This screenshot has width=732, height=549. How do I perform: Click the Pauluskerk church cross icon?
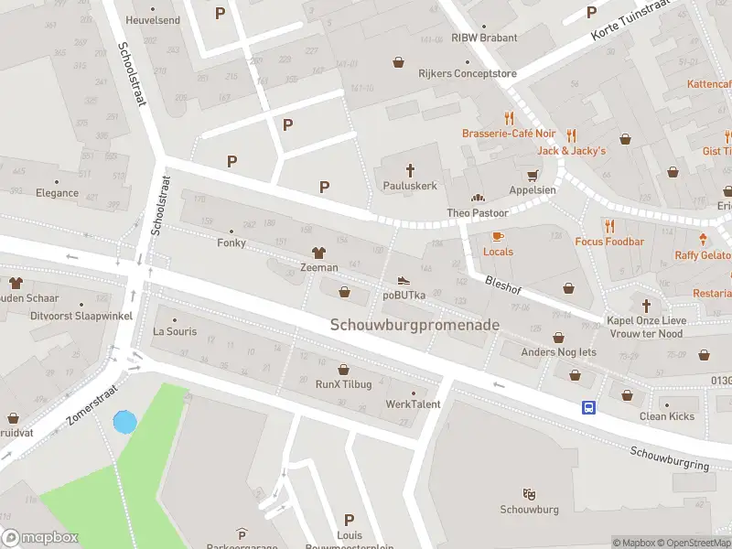tap(410, 169)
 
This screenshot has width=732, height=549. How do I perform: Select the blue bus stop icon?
tap(587, 408)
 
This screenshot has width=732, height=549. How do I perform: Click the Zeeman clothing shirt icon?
tap(319, 253)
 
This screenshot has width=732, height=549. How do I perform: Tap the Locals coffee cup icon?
tap(498, 237)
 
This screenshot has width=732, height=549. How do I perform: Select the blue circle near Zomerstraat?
tap(124, 422)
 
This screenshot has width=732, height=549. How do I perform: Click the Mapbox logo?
tap(39, 538)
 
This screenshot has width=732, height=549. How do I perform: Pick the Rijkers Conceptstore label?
tap(468, 74)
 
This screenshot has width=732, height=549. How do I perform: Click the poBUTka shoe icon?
tap(404, 280)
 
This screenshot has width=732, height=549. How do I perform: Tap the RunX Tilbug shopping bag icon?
tap(344, 370)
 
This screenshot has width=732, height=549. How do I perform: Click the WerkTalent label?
tap(413, 404)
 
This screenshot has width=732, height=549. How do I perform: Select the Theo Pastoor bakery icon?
tap(477, 198)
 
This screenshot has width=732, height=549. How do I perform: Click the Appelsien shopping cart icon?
tap(532, 176)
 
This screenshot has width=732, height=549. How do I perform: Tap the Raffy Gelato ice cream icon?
tap(701, 240)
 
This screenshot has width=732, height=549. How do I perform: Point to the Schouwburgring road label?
tap(669, 458)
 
